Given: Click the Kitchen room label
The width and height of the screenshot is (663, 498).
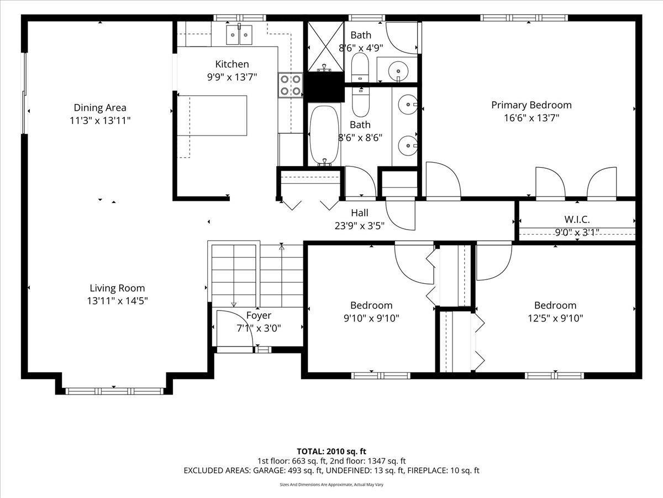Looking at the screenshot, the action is coord(232,64).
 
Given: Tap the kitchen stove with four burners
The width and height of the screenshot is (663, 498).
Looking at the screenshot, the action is coord(290,85).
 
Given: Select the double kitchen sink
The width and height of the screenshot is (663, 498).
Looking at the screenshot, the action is coord(239,35).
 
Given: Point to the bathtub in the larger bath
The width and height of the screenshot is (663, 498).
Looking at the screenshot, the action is coord(324,135).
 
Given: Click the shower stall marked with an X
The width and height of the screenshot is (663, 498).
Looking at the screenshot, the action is coord(325,46).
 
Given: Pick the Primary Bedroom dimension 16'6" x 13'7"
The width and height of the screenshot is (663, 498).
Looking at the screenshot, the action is coord(532,118).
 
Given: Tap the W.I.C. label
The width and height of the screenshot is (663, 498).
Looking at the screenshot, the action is coord(577,219).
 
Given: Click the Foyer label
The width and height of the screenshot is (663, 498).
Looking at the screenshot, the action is coord(259,315).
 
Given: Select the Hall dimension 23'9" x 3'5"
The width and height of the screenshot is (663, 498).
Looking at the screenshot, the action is coord(360,226).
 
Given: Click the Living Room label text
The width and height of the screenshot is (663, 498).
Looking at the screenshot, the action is coord(117,288).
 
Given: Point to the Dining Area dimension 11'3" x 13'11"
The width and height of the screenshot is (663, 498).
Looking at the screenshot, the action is coord(100,121).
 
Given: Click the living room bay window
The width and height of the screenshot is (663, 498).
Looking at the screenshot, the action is coord(114,391).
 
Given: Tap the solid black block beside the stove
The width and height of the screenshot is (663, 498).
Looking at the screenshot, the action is coord(324,87).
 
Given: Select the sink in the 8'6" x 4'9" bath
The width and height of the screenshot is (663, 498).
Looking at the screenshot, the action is coord(398,71).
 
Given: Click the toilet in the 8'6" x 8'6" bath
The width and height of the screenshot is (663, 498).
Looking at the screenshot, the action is coord(361,102).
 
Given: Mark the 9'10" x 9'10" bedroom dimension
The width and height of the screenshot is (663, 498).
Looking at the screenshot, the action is coord(371,318).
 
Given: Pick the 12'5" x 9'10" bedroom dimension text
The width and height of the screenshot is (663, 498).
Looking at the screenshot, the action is coord(555,318).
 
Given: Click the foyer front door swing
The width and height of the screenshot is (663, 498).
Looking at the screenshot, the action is coord(235,328).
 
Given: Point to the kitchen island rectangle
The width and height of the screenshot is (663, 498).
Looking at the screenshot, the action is coord(212,116).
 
